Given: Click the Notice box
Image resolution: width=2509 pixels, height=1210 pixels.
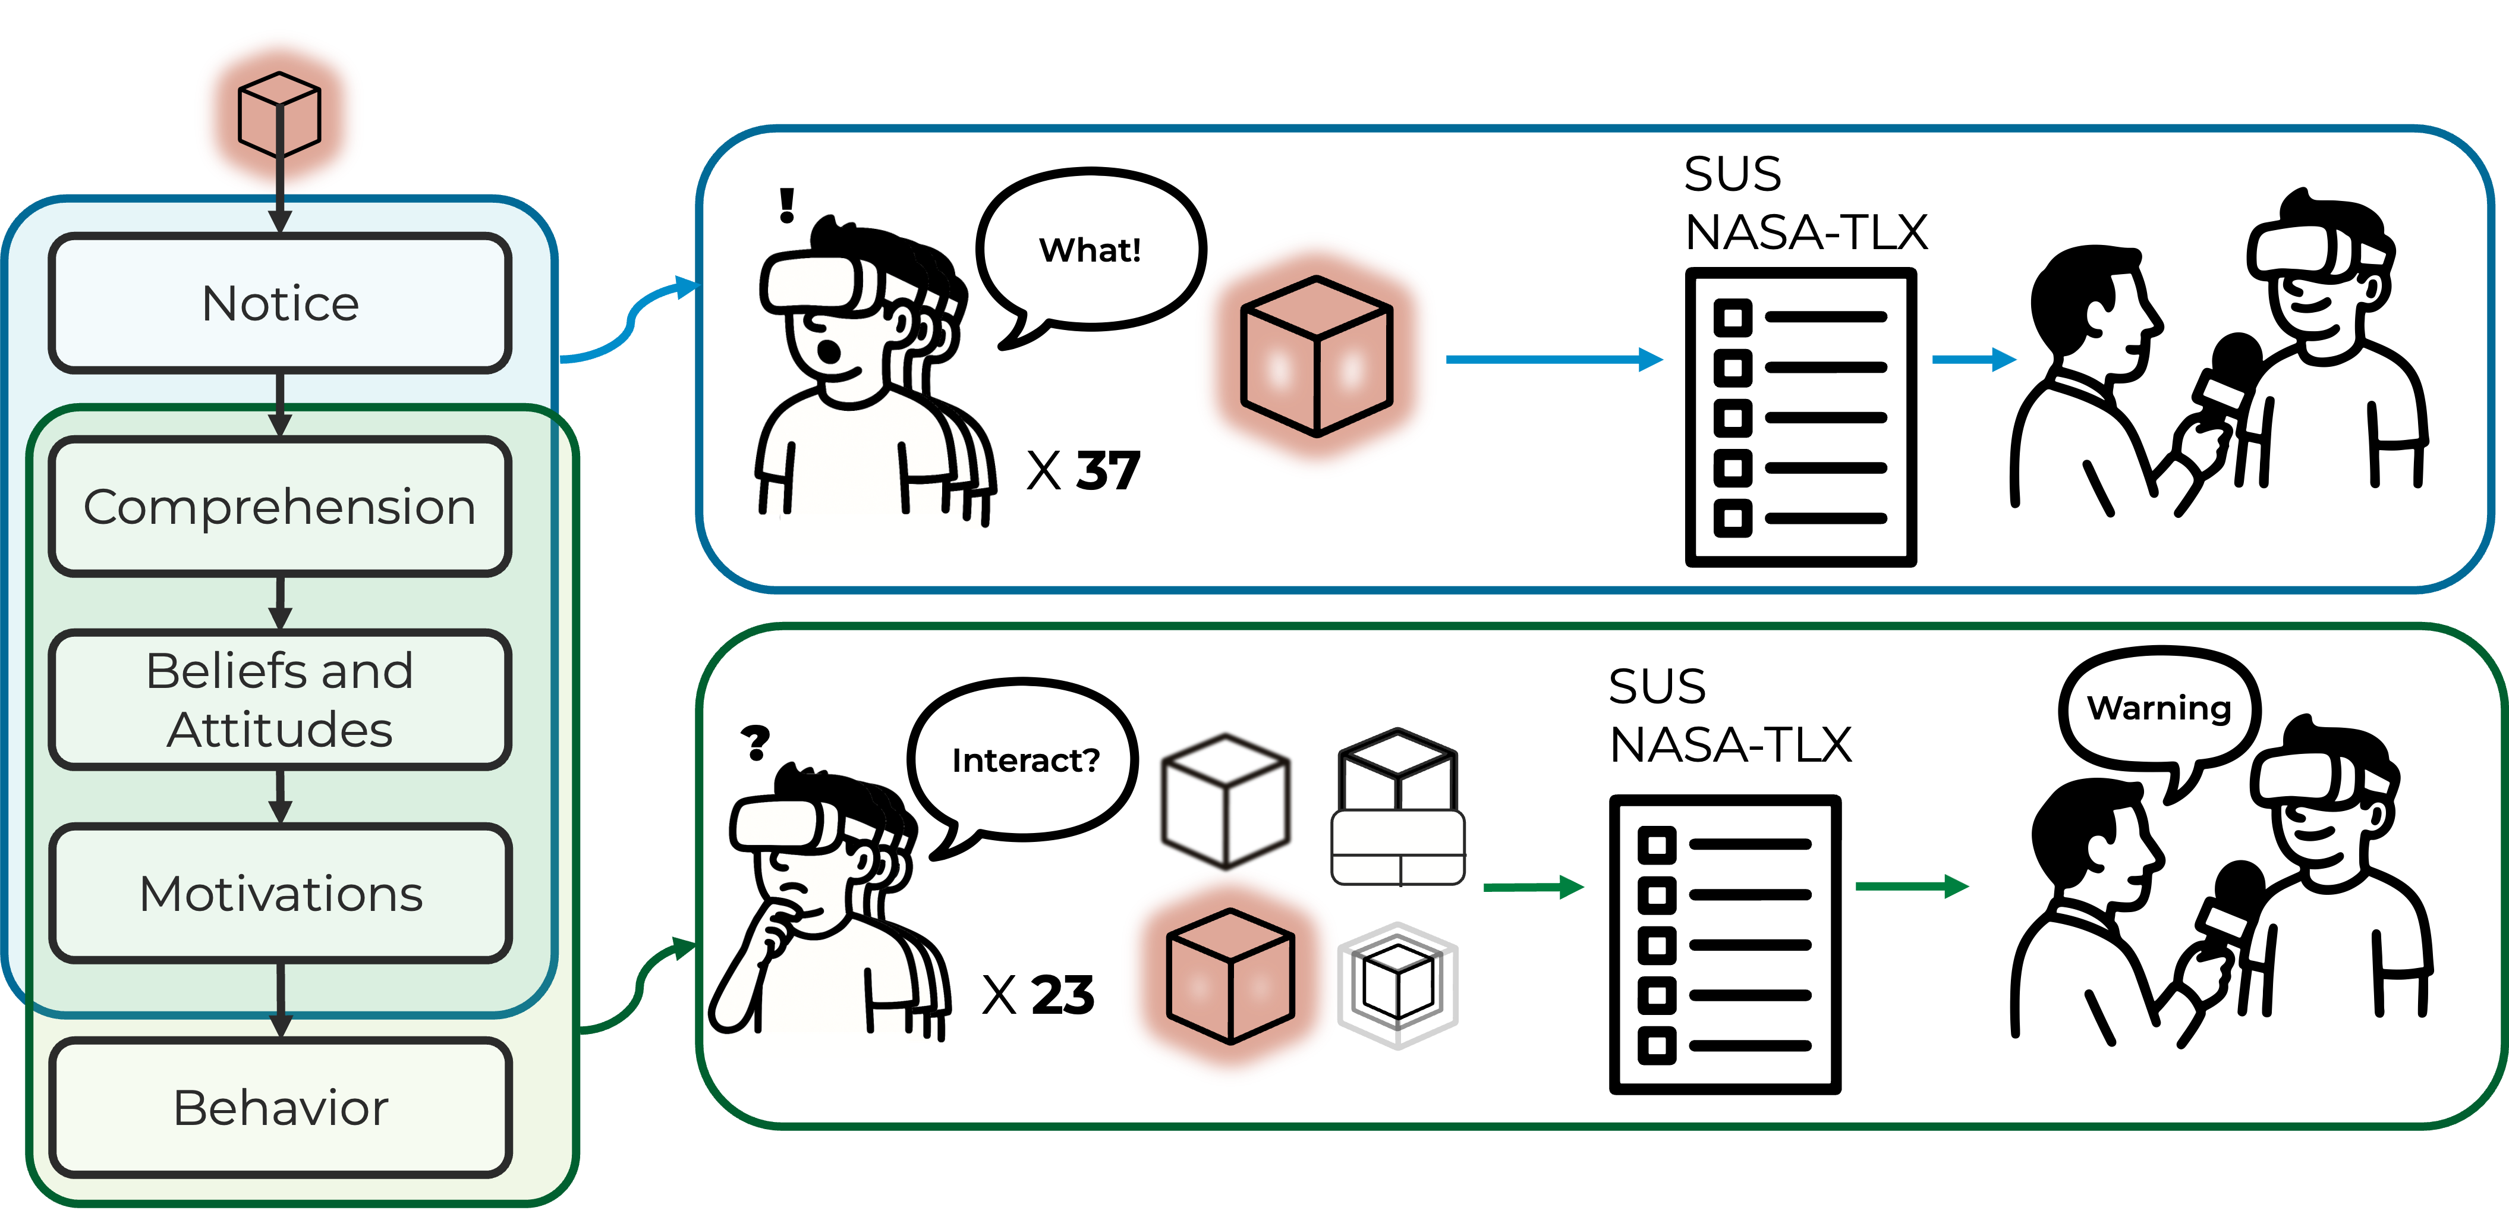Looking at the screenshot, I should coord(281,303).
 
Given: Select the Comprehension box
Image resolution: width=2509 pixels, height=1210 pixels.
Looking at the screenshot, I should coord(281,507).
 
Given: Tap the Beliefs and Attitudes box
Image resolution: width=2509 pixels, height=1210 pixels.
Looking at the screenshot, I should coord(281,699).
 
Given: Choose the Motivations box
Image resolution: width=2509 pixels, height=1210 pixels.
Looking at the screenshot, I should coord(281,893).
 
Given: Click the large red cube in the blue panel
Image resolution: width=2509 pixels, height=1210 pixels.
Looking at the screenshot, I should coord(1316,356).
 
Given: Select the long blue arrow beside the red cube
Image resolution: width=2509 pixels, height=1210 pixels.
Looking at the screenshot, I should coord(1554,360).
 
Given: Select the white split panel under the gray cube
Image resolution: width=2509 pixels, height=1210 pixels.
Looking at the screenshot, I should coord(1397,847).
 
